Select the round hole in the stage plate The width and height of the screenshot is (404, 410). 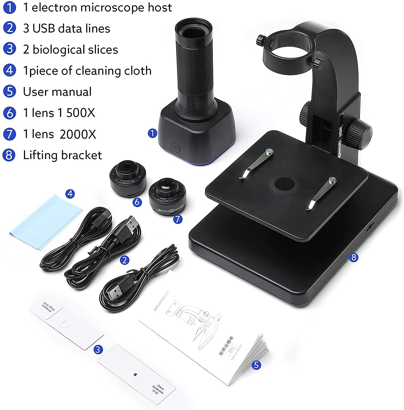tap(284, 184)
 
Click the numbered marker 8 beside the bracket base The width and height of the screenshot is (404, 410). tap(354, 257)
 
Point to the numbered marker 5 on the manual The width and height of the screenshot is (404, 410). tap(256, 365)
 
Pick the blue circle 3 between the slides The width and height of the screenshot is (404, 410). tap(98, 349)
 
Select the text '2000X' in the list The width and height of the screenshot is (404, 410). tap(78, 134)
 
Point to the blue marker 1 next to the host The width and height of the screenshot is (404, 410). tap(152, 133)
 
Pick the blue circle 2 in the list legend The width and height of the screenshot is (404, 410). tap(10, 28)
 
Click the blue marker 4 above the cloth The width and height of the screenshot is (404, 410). tap(70, 194)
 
